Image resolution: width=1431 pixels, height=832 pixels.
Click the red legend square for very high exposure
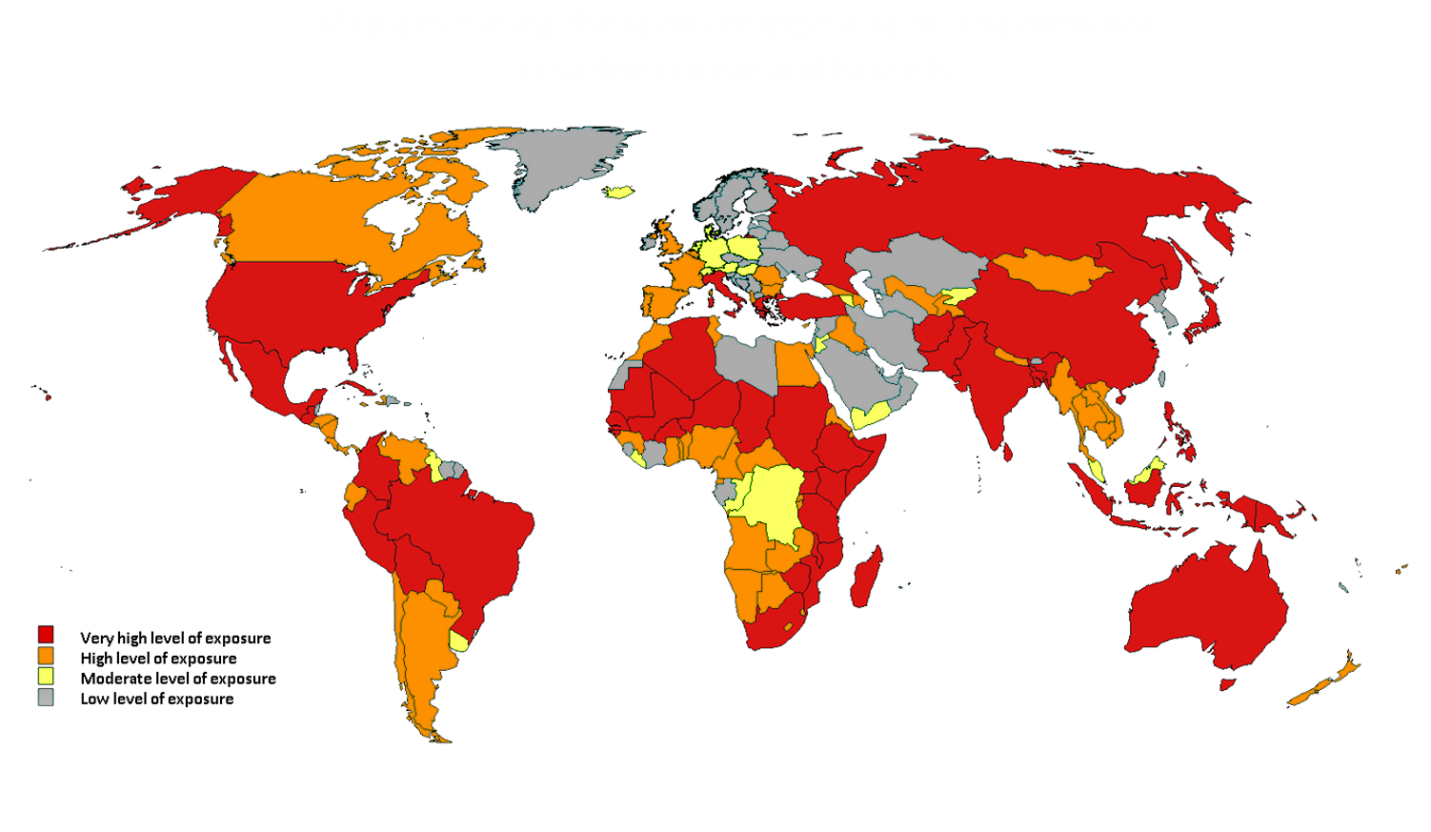[x=46, y=635]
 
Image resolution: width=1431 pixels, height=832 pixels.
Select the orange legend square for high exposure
[x=46, y=656]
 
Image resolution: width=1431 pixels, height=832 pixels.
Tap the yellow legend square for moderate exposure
[x=46, y=677]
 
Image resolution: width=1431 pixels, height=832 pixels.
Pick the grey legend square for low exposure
[x=46, y=698]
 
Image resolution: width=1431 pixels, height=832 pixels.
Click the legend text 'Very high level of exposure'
[x=175, y=639]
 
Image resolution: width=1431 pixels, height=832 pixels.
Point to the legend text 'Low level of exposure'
[x=156, y=700]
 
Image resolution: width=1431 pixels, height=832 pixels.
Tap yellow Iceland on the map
[x=619, y=192]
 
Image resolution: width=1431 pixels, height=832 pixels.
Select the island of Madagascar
[x=866, y=578]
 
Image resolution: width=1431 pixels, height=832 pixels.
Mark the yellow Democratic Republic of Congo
[x=774, y=500]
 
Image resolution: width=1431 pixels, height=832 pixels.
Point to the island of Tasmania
[x=1228, y=683]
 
